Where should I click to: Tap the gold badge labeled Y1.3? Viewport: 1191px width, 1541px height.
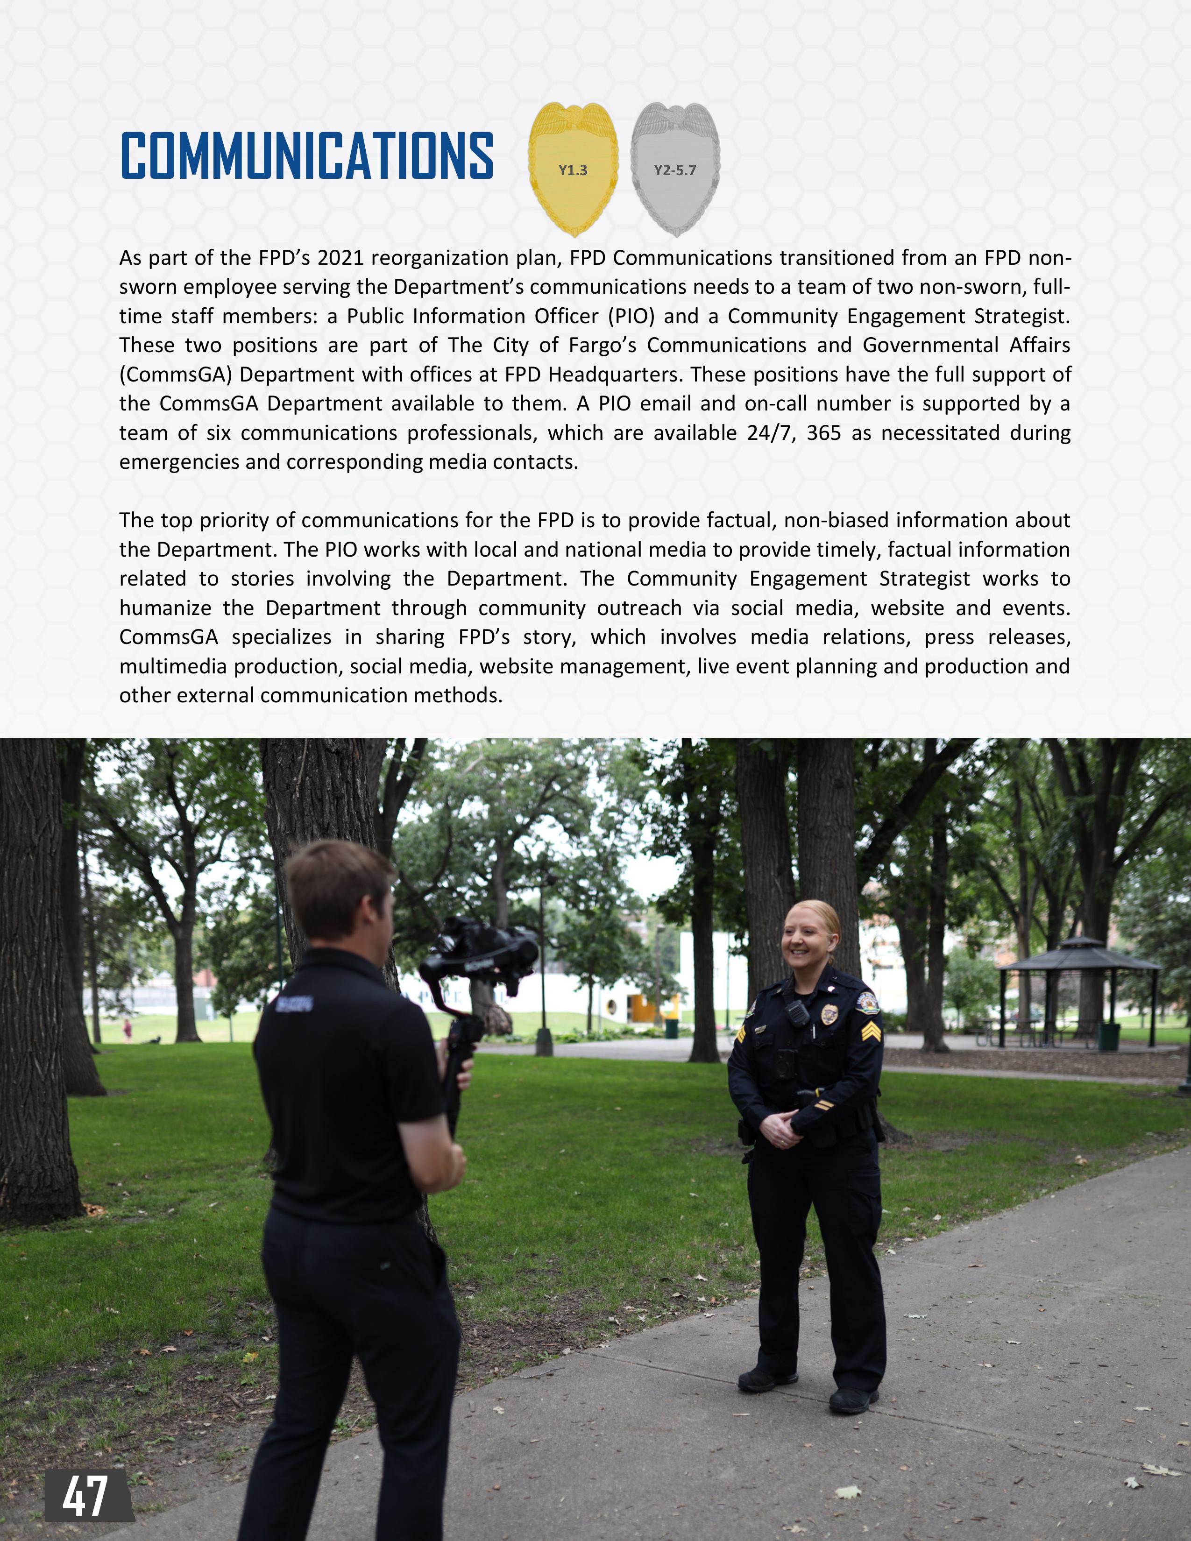click(573, 170)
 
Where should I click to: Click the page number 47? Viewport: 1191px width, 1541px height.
click(85, 1496)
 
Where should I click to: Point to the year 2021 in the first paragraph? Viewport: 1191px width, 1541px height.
click(341, 258)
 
